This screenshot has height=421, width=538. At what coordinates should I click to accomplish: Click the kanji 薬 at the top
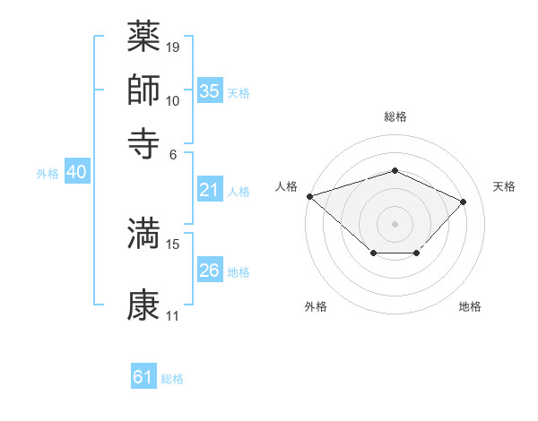tap(144, 37)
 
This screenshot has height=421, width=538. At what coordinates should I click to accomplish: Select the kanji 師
tap(144, 90)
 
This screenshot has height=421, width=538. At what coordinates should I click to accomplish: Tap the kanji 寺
tap(144, 142)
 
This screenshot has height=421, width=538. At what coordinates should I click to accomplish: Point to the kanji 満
tap(144, 233)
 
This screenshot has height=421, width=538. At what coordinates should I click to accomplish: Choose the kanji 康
tap(144, 305)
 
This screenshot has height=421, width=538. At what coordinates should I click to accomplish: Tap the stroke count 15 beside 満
tap(174, 244)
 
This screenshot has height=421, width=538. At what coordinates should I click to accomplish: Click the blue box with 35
tap(210, 91)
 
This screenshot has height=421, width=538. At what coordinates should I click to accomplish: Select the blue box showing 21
tap(210, 190)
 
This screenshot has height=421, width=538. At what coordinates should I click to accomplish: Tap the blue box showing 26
tap(210, 271)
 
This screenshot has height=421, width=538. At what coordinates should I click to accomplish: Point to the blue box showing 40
tap(76, 173)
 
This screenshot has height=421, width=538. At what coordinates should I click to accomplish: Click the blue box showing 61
tap(143, 377)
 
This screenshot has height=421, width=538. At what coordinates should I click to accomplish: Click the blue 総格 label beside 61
tap(172, 379)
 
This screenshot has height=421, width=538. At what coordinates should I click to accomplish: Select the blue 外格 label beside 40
tap(48, 174)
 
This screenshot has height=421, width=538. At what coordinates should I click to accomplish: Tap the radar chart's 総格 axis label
tap(395, 116)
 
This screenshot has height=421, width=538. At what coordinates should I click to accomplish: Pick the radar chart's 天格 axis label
tap(504, 186)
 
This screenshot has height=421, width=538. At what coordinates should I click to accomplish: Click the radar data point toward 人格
tap(309, 195)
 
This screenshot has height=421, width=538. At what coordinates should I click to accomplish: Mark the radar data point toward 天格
tap(463, 202)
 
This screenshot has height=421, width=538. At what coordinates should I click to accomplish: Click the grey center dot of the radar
tap(395, 223)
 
